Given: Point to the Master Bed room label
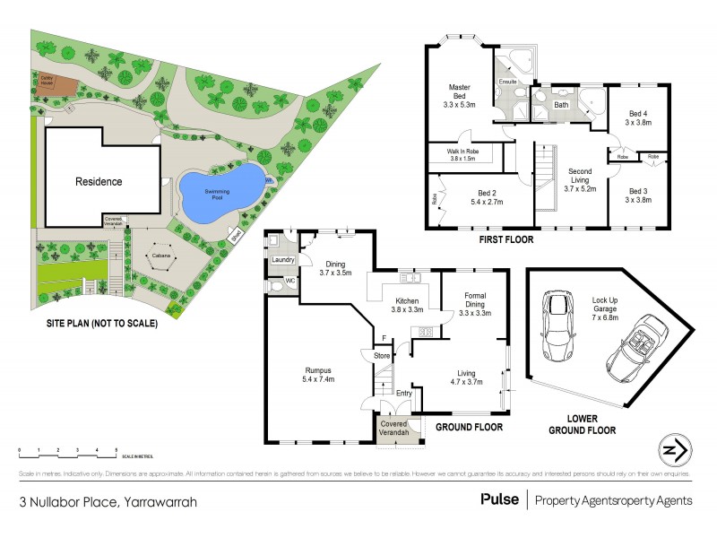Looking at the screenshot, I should (x=460, y=93).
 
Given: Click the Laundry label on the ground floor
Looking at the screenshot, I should (x=283, y=261).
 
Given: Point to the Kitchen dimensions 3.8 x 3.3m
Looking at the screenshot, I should (x=408, y=309).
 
